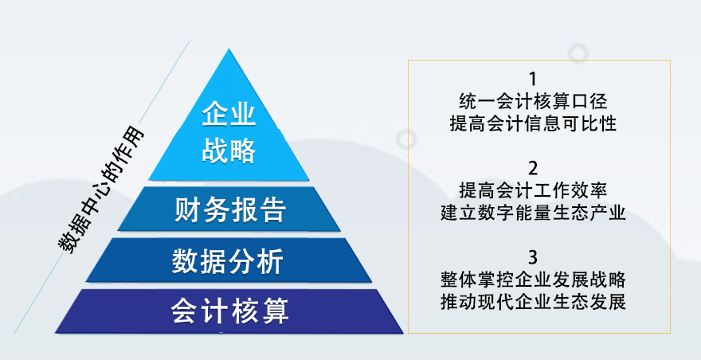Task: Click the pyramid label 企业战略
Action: pyautogui.click(x=229, y=134)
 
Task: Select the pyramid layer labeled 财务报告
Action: pyautogui.click(x=229, y=209)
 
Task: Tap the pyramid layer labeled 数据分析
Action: pyautogui.click(x=229, y=260)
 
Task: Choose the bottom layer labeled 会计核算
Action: pyautogui.click(x=229, y=311)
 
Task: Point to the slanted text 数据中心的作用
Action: pyautogui.click(x=101, y=191)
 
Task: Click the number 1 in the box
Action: pyautogui.click(x=532, y=79)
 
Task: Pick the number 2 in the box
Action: pyautogui.click(x=532, y=169)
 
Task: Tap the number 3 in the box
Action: pyautogui.click(x=532, y=258)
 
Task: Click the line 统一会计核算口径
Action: pyautogui.click(x=533, y=101)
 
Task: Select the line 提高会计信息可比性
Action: pyautogui.click(x=533, y=123)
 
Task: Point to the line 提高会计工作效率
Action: pyautogui.click(x=533, y=191)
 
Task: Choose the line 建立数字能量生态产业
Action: pyautogui.click(x=533, y=213)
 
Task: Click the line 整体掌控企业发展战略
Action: pyautogui.click(x=533, y=280)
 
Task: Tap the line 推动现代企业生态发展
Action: pyautogui.click(x=533, y=303)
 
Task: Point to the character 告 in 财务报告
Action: pyautogui.click(x=272, y=209)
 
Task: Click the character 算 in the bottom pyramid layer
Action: pyautogui.click(x=275, y=311)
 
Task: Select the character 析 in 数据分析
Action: pyautogui.click(x=270, y=260)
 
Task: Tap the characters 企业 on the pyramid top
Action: pyautogui.click(x=229, y=115)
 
